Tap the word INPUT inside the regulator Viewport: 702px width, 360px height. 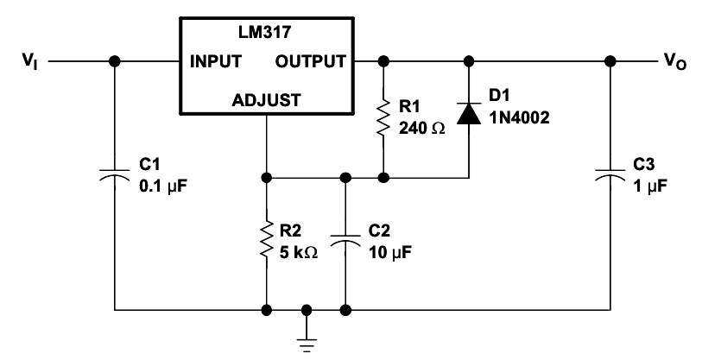point(216,61)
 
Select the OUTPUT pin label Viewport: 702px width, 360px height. point(310,61)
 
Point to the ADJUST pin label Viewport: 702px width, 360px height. point(267,100)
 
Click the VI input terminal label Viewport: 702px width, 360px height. point(30,61)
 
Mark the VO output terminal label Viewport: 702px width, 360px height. point(674,61)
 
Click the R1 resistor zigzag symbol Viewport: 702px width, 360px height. point(383,118)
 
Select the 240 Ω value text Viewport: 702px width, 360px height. point(422,129)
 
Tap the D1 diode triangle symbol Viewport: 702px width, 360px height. point(469,113)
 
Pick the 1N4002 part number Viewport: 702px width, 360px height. point(518,118)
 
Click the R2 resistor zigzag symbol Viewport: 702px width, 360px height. point(267,239)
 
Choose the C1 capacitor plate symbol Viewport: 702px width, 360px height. point(115,174)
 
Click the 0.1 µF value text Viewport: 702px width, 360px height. point(161,186)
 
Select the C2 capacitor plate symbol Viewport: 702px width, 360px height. point(345,239)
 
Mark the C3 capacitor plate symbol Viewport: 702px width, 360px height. point(610,174)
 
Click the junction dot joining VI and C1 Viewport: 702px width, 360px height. point(115,61)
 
